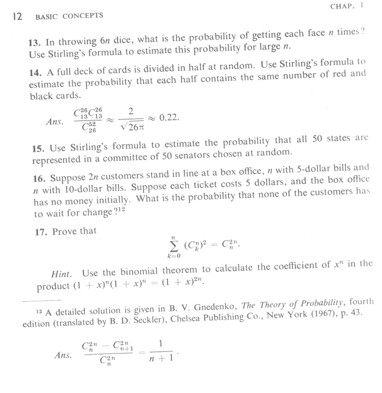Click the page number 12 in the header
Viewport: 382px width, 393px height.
tap(17, 17)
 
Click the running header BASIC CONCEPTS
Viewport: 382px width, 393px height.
tap(69, 16)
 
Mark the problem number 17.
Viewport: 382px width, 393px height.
tap(41, 232)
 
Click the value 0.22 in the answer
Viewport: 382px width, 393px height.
tap(169, 118)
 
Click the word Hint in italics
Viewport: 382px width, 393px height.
tap(62, 272)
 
